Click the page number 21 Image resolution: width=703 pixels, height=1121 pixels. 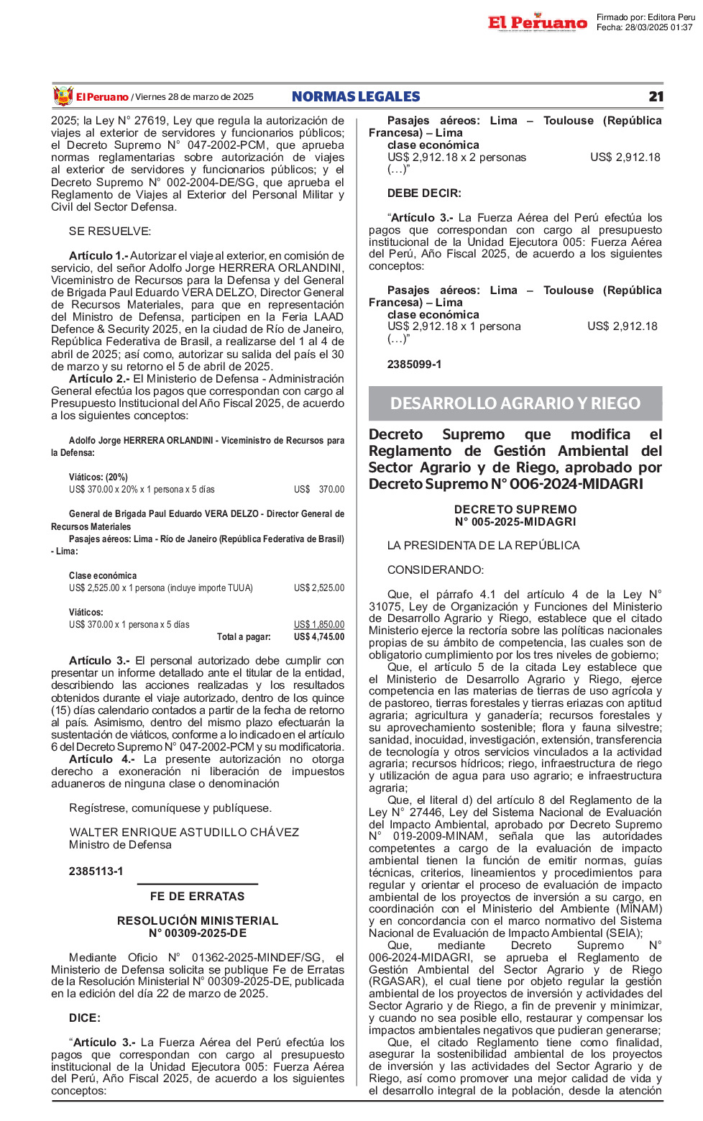pyautogui.click(x=656, y=97)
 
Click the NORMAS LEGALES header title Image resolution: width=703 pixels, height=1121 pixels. pyautogui.click(x=356, y=97)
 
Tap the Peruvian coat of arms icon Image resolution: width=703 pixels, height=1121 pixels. pyautogui.click(x=63, y=96)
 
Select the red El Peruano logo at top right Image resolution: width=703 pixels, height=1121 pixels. pyautogui.click(x=537, y=23)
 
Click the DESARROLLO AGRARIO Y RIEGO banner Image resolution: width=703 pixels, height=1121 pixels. pyautogui.click(x=515, y=403)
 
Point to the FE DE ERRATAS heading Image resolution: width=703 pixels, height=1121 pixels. pyautogui.click(x=197, y=896)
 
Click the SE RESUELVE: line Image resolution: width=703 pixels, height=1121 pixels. pyautogui.click(x=110, y=232)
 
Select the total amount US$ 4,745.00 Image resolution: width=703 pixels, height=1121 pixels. pyautogui.click(x=318, y=637)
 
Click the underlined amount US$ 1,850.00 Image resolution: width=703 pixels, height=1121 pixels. pyautogui.click(x=318, y=625)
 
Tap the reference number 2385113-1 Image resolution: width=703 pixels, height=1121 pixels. pyautogui.click(x=96, y=871)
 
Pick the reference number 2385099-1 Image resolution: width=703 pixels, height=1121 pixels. pyautogui.click(x=414, y=365)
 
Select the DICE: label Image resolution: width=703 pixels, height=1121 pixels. pyautogui.click(x=85, y=1018)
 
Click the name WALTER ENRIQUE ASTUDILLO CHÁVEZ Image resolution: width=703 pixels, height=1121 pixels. pyautogui.click(x=184, y=833)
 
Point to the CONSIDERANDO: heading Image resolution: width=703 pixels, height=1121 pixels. pyautogui.click(x=436, y=570)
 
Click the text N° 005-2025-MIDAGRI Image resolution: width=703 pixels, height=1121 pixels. pyautogui.click(x=515, y=522)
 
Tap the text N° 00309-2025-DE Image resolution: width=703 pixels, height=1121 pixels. pyautogui.click(x=197, y=933)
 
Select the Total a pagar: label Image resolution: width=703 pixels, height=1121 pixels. pyautogui.click(x=244, y=637)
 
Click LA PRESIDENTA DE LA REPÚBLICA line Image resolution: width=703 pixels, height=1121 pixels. pyautogui.click(x=483, y=546)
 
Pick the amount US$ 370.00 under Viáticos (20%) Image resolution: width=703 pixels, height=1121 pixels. pyautogui.click(x=318, y=490)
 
